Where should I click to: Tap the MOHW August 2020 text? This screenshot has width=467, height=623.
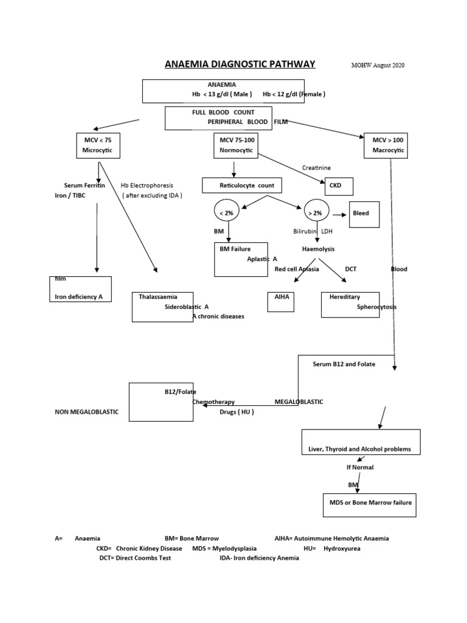coord(378,66)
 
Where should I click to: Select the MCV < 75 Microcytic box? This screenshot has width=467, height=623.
coord(98,145)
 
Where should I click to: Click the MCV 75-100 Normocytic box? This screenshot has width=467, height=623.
coord(235,145)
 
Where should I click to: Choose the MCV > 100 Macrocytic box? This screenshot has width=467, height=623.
coord(386,145)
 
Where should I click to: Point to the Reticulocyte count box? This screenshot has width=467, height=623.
coord(242,185)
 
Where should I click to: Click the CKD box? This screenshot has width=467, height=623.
coord(339,186)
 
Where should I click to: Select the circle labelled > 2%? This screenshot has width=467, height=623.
coord(316,213)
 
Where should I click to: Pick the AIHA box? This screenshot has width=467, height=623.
coord(280,301)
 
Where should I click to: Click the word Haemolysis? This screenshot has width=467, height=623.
coord(318,249)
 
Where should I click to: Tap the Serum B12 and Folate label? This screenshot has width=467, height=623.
coord(344,364)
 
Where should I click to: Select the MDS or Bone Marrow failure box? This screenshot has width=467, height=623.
coord(369,504)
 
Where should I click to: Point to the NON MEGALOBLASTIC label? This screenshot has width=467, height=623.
coord(87,412)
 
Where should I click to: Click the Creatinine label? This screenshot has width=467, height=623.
coord(317,167)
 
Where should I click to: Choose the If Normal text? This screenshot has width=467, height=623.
coord(359,467)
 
